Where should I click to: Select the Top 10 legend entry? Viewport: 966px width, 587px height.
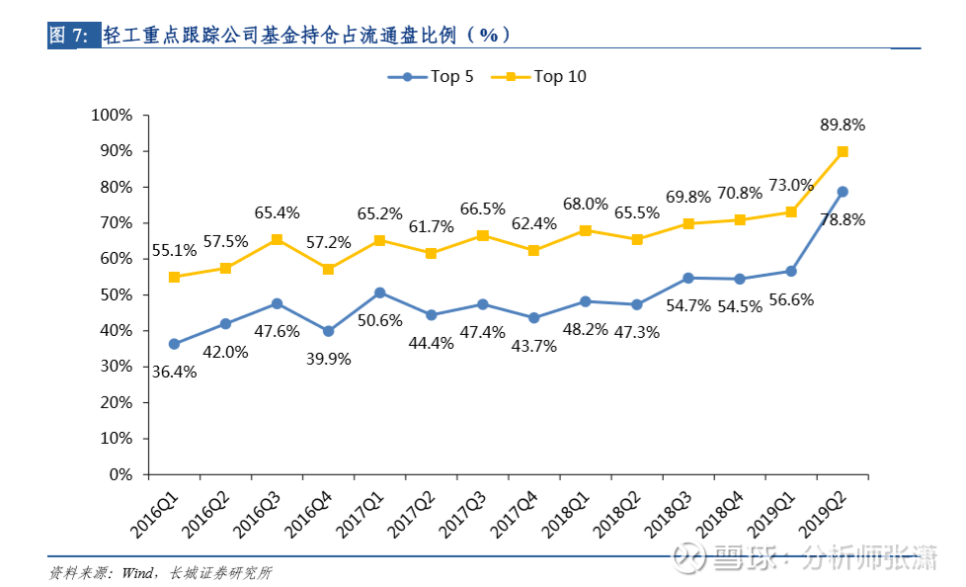[546, 77]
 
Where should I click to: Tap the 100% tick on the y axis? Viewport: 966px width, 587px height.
[111, 116]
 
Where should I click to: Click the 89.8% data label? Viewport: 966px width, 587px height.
[842, 126]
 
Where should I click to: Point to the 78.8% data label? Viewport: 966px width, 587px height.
[842, 220]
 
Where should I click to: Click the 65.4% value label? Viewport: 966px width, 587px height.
[277, 212]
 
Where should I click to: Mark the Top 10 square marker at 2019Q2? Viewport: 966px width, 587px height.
[843, 151]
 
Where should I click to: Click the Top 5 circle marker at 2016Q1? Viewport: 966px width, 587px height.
[174, 344]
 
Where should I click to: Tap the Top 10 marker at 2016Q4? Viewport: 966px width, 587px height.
[328, 269]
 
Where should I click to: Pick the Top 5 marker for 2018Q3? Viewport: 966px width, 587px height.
[688, 278]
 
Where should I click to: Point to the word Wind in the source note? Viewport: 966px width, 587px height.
[134, 572]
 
